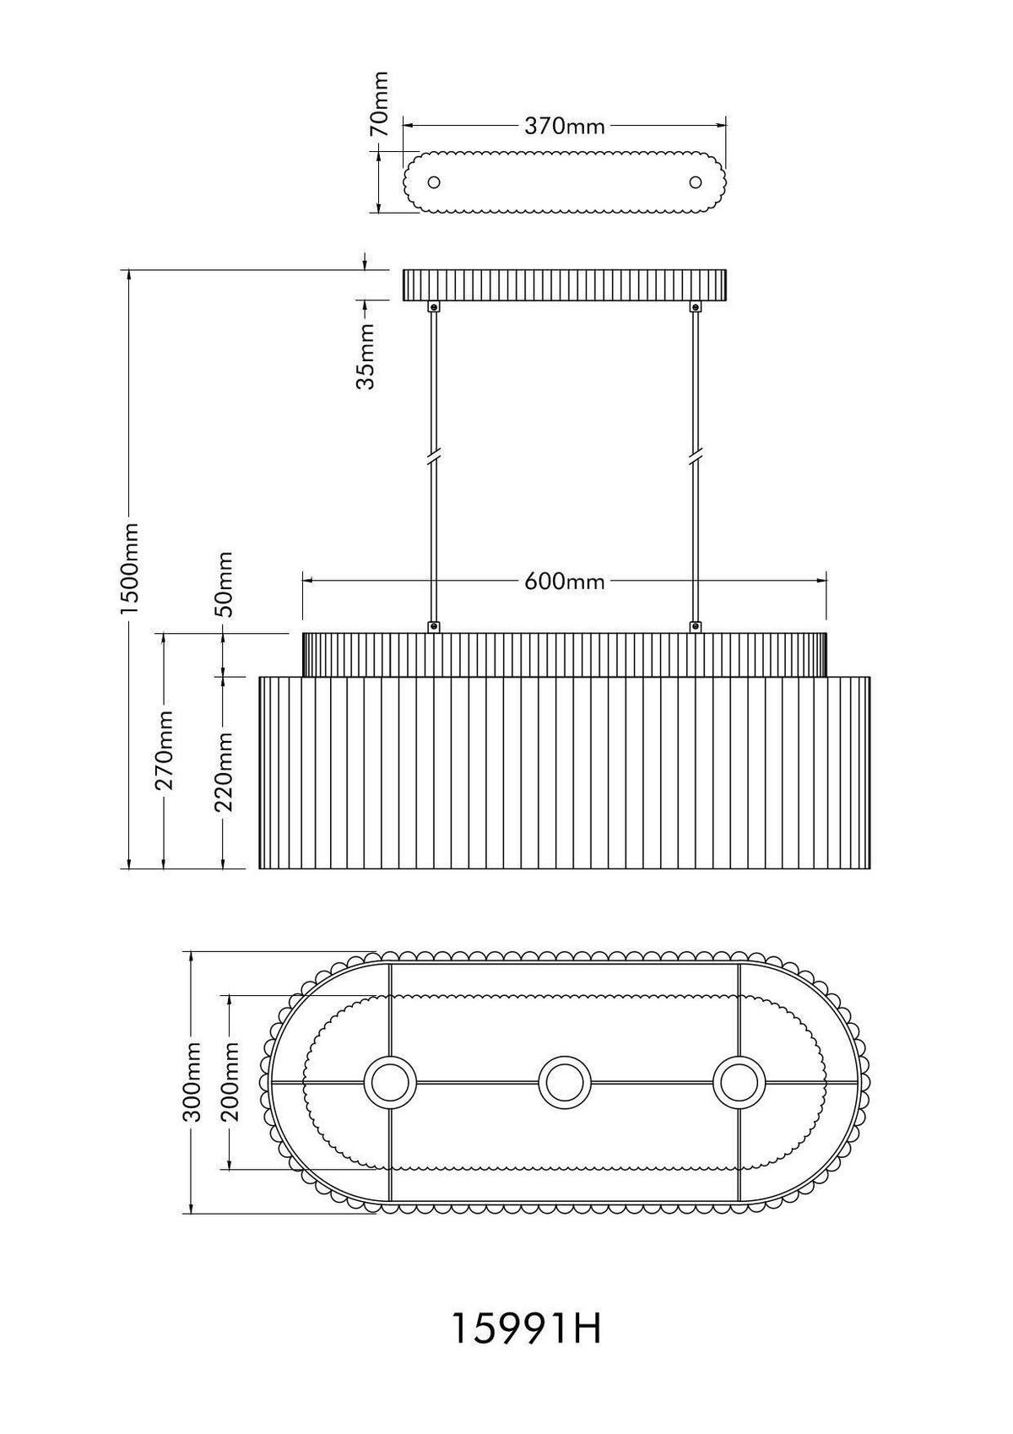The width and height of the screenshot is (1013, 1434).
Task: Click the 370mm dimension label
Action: point(564,126)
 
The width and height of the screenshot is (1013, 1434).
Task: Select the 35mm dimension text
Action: point(365,356)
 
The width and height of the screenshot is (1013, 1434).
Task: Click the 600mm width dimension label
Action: point(564,581)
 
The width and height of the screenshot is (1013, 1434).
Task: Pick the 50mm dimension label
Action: point(225,583)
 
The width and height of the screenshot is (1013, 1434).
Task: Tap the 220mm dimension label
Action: point(225,771)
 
